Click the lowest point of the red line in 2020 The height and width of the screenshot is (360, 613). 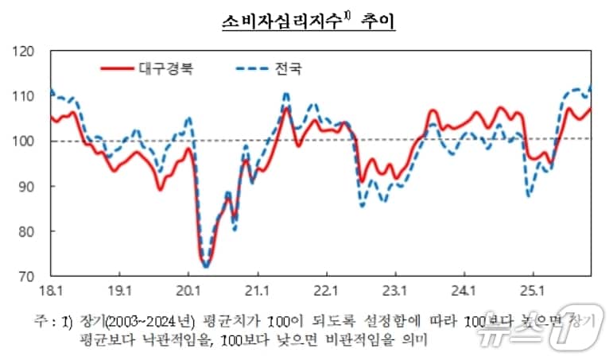[x=205, y=265]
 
